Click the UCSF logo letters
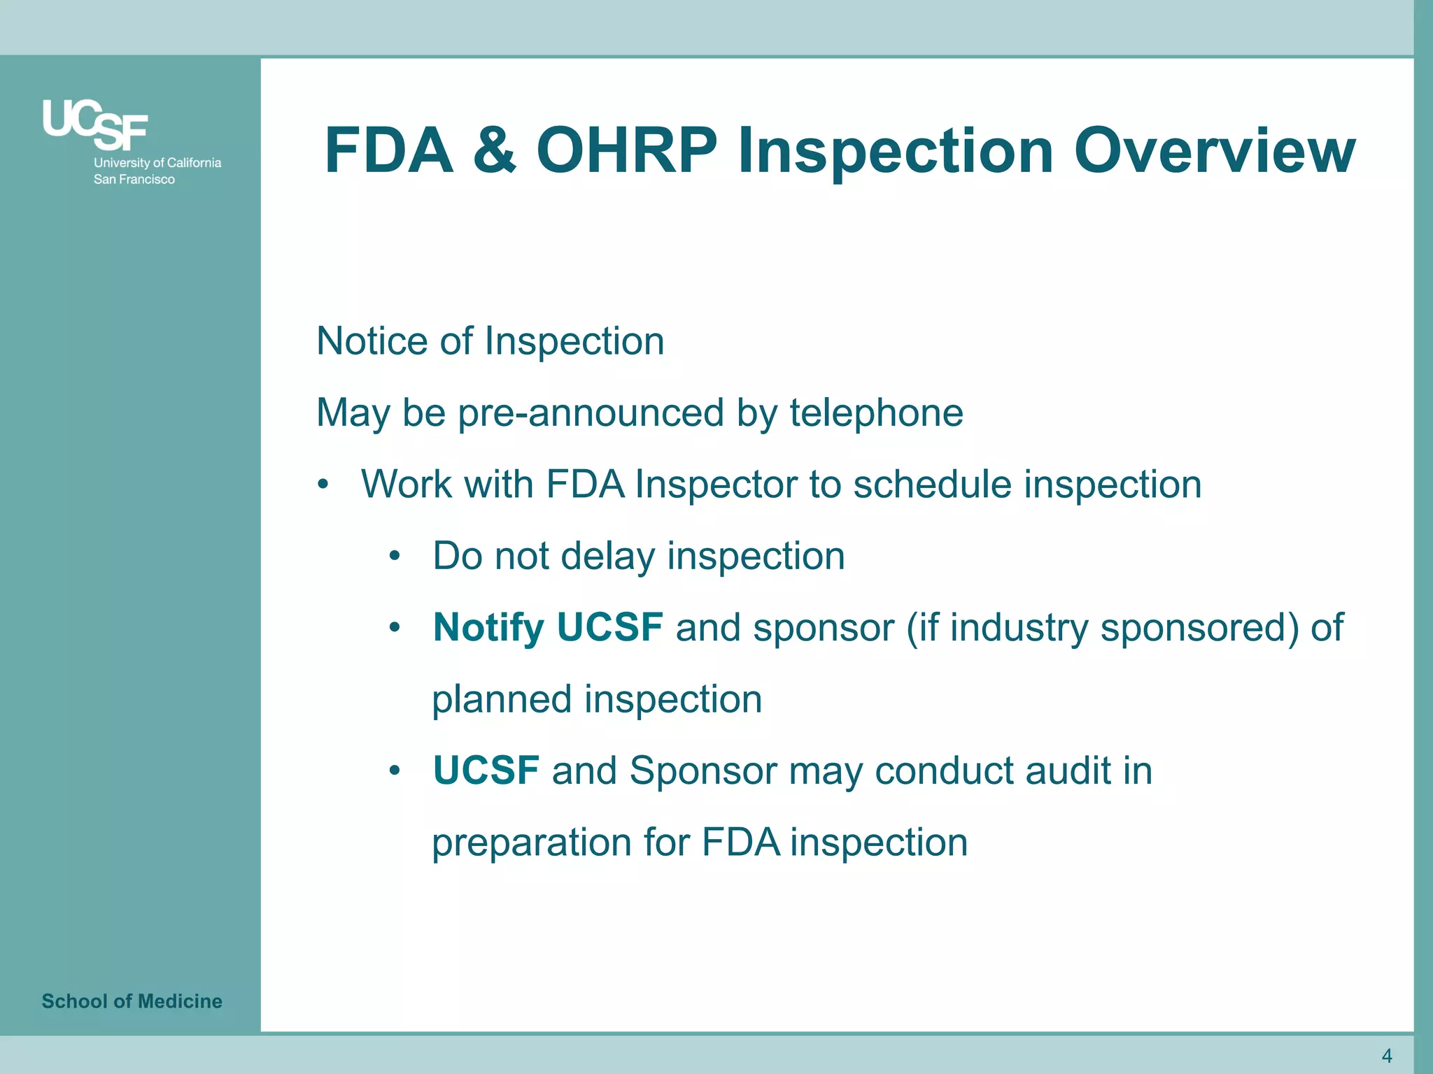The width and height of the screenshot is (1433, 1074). point(95,124)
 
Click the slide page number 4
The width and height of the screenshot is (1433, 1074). point(1387,1055)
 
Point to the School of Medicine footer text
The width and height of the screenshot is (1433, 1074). point(132,1001)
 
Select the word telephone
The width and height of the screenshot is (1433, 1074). point(876,413)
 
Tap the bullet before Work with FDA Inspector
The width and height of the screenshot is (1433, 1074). point(322,485)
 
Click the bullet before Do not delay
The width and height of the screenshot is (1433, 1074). point(395,557)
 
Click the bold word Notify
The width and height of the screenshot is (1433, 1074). point(488,627)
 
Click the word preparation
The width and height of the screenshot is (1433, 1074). point(531,842)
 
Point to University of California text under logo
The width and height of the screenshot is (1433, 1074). point(157,162)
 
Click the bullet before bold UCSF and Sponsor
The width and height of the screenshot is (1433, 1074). point(395,771)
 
